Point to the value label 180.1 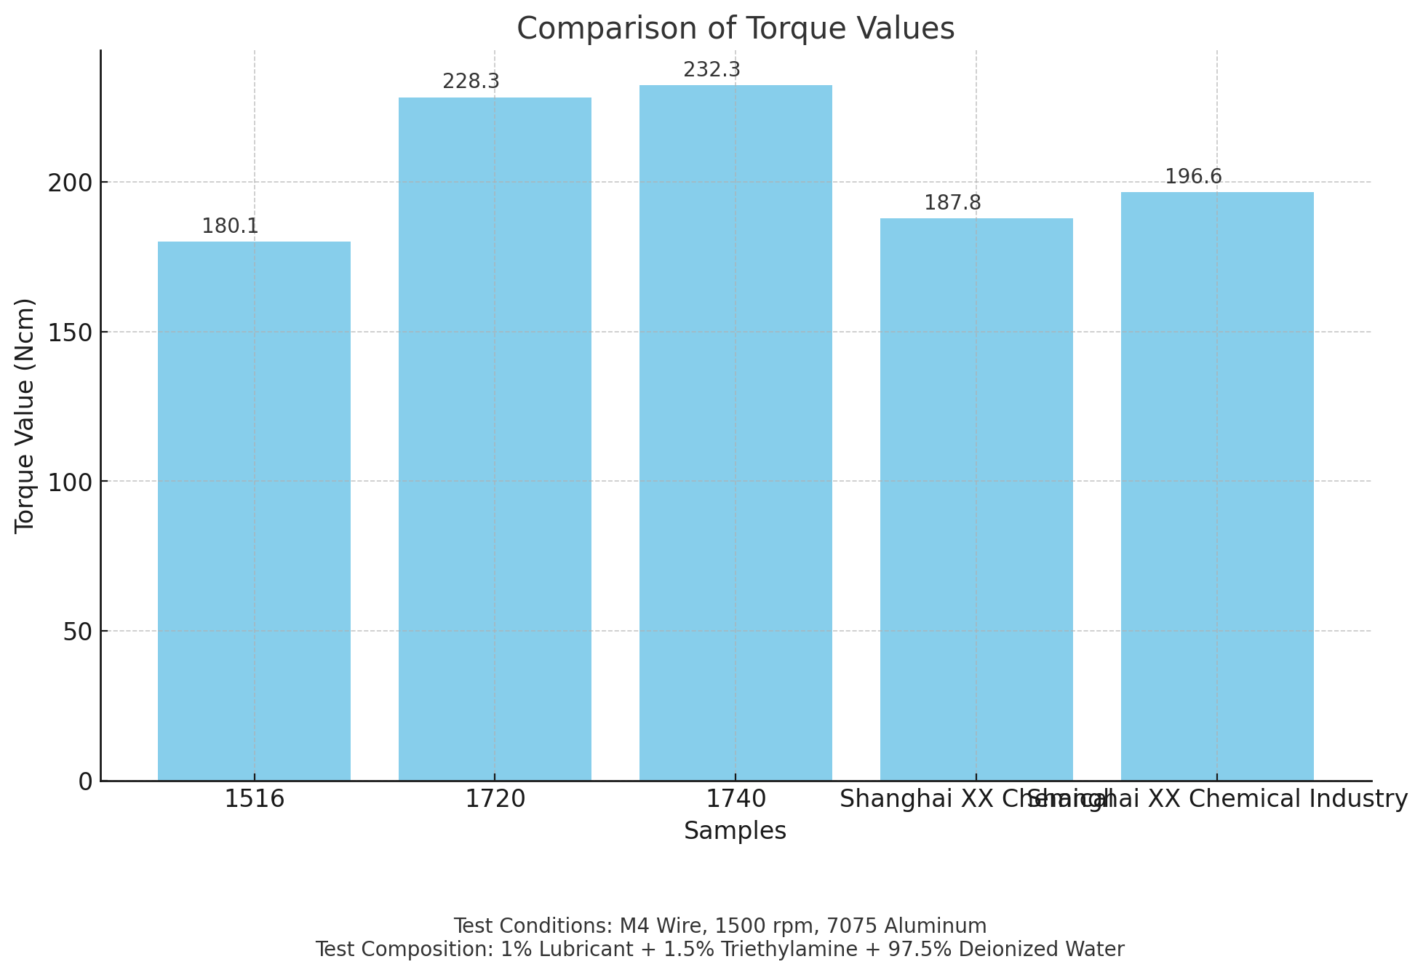coord(230,226)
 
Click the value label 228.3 coord(471,81)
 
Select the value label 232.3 coord(711,70)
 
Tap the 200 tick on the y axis coord(71,183)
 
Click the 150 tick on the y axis coord(71,333)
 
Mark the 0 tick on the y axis coord(86,781)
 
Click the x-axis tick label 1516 coord(254,800)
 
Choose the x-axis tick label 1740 coord(736,800)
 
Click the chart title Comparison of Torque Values coord(736,29)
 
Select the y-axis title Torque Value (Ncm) coord(25,415)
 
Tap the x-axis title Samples coord(735,831)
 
